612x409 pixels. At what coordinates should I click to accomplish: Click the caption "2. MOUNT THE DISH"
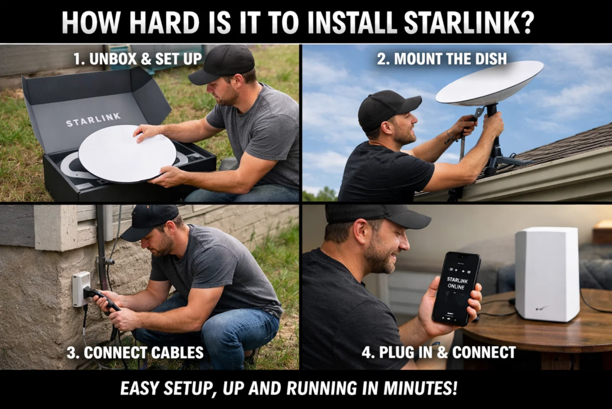click(442, 58)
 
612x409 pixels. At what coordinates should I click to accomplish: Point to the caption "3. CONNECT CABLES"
click(134, 353)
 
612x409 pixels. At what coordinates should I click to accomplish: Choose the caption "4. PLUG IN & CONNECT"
click(438, 353)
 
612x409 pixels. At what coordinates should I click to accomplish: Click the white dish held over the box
click(127, 153)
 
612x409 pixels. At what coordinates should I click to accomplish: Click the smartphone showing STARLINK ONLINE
click(456, 287)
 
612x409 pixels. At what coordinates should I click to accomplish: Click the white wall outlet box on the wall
click(80, 288)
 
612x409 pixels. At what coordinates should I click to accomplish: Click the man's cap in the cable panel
click(150, 221)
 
